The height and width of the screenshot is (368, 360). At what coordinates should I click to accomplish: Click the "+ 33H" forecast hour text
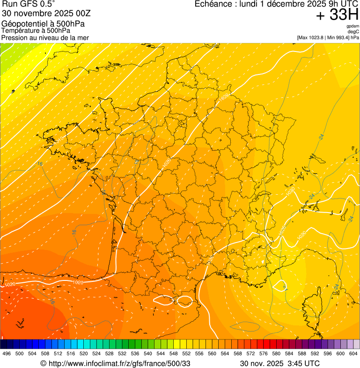337,15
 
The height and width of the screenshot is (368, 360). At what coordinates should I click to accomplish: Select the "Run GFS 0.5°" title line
29,4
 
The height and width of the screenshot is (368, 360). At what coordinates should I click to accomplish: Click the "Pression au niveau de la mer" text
45,37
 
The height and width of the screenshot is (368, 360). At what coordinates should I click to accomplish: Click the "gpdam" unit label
353,26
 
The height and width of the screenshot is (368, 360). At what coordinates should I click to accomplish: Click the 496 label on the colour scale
7,353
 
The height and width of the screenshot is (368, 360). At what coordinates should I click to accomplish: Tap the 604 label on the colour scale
353,353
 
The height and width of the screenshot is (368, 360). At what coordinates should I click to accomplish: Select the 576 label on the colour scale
264,353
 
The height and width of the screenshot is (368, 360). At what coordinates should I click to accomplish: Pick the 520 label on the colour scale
84,353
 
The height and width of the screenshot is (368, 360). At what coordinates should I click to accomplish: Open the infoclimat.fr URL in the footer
119,363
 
